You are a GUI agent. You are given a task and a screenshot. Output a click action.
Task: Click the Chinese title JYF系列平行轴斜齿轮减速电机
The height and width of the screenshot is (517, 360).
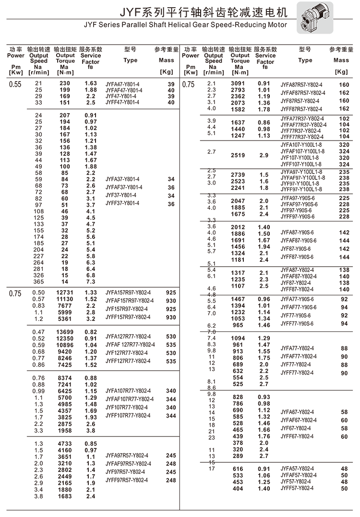coord(180,11)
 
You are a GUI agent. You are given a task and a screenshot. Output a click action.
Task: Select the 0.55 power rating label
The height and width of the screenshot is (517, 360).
coord(15,84)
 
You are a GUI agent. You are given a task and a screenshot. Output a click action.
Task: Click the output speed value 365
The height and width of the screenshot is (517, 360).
coord(39,282)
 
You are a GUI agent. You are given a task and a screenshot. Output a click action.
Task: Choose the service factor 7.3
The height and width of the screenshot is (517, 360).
coord(91,282)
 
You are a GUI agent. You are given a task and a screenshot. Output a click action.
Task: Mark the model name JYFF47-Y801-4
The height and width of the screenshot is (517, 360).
coord(122,103)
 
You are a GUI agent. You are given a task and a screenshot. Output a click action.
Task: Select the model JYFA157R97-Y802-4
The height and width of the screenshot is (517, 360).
coord(128,293)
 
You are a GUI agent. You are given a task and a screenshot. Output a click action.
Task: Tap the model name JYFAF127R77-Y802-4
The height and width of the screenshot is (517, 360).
coord(130,345)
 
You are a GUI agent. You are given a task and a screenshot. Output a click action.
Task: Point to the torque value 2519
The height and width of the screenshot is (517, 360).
coord(238,155)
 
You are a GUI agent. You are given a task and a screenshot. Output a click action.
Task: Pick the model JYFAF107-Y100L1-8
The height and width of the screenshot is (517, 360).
coord(302,151)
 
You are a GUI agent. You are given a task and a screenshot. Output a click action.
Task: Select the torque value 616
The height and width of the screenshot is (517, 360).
coord(238,469)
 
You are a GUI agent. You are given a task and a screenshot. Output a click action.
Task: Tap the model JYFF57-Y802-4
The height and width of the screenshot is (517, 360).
coord(297,488)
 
